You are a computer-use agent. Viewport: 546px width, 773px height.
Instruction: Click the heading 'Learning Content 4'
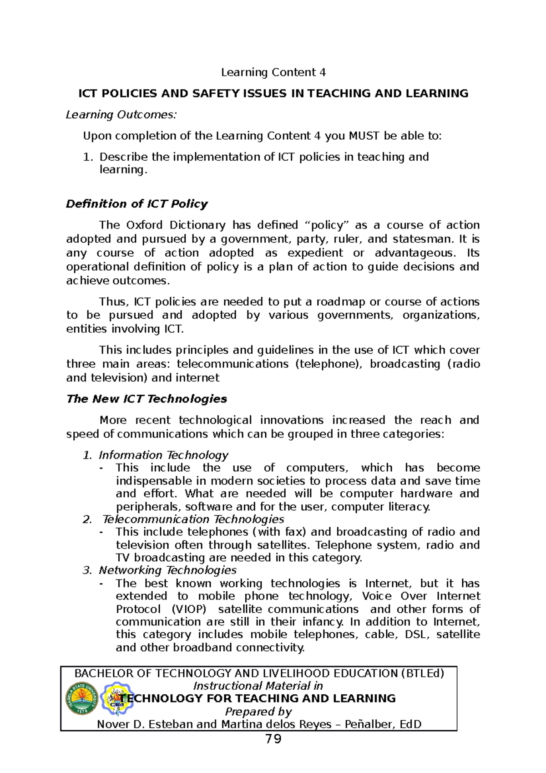pos(273,72)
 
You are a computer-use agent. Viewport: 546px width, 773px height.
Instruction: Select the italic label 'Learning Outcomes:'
pos(121,115)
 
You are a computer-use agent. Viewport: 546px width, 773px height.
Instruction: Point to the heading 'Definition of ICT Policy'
pos(136,203)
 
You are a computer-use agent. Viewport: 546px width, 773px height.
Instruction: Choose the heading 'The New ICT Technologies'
pos(147,399)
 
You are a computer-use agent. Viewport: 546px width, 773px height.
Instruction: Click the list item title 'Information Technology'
pos(163,455)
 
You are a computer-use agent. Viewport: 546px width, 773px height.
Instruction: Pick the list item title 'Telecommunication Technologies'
pos(193,519)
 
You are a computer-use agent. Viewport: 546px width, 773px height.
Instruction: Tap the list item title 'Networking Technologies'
pos(167,570)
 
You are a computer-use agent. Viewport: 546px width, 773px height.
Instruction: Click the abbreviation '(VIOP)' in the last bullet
pos(189,609)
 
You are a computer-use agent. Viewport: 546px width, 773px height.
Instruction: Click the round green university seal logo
pos(82,699)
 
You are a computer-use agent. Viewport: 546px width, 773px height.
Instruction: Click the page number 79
pos(273,739)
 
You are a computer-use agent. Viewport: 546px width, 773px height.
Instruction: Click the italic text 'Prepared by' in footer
pos(258,712)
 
